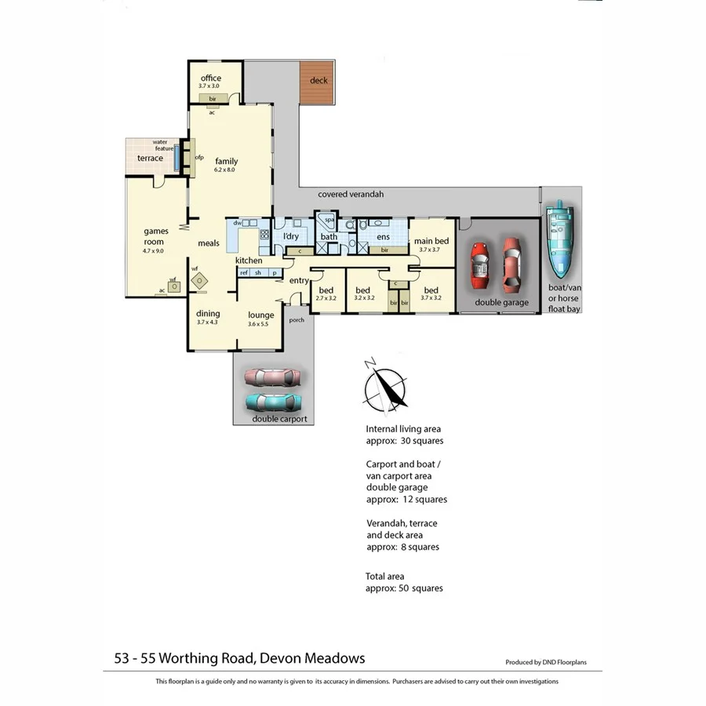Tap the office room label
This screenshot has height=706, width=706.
210,78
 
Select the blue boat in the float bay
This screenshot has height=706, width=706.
561,240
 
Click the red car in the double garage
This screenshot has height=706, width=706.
479,263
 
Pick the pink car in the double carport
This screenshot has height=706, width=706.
272,377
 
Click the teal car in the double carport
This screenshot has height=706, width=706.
273,402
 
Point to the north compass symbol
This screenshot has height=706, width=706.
386,385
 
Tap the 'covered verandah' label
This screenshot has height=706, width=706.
351,195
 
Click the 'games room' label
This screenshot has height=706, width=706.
156,236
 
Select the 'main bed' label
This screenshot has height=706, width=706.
431,241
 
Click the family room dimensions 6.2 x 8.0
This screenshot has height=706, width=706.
225,170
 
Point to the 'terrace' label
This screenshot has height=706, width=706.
150,158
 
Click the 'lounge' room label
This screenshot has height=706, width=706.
260,315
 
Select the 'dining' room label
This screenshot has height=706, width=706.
208,314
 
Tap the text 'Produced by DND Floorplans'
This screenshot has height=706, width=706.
549,662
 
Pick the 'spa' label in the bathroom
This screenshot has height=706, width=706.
329,220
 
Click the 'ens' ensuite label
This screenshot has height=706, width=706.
383,236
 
